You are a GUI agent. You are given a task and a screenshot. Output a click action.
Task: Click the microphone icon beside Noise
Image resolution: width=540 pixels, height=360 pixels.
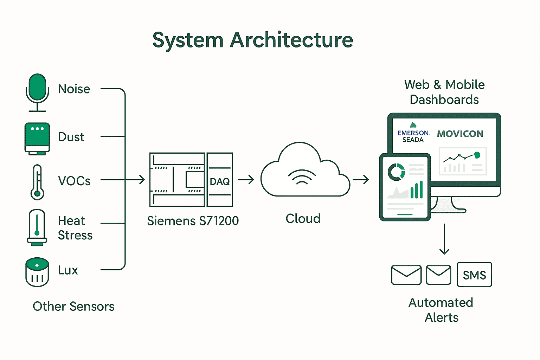click(x=37, y=92)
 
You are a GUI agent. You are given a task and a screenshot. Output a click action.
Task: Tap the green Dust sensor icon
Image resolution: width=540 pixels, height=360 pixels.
click(x=37, y=138)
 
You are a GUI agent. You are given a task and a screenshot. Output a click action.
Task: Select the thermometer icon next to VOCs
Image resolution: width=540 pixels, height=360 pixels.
click(x=37, y=182)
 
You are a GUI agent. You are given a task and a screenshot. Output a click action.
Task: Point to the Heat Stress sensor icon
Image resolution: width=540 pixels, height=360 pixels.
click(x=37, y=227)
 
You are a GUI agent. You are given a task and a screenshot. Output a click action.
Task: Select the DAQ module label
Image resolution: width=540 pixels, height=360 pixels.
click(x=220, y=181)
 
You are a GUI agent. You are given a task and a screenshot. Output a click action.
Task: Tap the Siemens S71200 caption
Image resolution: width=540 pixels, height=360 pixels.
click(x=193, y=221)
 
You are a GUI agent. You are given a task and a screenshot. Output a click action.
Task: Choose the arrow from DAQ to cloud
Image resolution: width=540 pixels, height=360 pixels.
click(x=246, y=180)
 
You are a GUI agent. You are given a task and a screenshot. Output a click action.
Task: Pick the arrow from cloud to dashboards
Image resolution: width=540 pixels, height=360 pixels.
click(x=361, y=180)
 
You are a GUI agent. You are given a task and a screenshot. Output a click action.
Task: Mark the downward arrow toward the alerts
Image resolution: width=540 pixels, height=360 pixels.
click(x=444, y=239)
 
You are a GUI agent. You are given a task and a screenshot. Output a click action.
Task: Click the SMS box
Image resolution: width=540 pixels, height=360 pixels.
click(x=474, y=275)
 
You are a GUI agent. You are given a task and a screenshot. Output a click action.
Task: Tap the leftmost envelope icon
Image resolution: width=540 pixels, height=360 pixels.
click(x=406, y=275)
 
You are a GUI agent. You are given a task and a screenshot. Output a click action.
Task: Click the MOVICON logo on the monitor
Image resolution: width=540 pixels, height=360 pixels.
click(x=460, y=134)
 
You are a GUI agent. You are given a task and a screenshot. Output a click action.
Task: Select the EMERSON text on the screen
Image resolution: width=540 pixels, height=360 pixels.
click(x=413, y=133)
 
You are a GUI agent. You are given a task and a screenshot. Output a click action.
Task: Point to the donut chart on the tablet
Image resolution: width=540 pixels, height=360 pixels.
click(x=396, y=172)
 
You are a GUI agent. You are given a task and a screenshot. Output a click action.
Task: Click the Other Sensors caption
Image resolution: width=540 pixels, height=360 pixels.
click(x=73, y=306)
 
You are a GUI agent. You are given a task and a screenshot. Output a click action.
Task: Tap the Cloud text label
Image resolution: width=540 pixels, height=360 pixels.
click(x=303, y=219)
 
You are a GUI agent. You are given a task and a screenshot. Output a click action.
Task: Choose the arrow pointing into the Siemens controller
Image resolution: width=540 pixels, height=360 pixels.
click(x=135, y=180)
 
